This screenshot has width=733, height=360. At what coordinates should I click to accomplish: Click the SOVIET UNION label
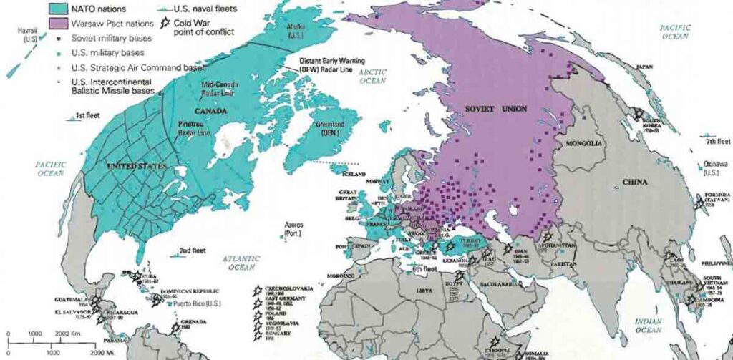(x=495, y=109)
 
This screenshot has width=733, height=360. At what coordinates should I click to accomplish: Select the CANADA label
(x=210, y=111)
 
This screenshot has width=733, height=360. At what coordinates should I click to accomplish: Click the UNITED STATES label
(x=136, y=166)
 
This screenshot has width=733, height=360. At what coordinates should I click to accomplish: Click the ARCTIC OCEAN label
(x=373, y=77)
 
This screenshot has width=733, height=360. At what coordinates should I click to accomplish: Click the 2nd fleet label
(x=194, y=250)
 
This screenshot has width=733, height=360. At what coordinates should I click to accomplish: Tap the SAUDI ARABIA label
(x=494, y=284)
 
